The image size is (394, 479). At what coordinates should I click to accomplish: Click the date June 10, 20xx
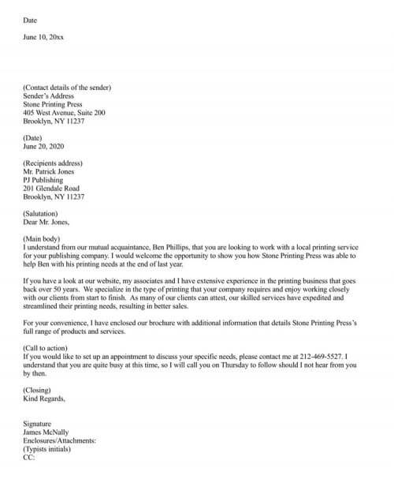click(x=40, y=36)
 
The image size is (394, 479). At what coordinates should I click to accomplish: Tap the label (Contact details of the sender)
click(x=67, y=87)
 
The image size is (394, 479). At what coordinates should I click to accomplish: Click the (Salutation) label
click(x=44, y=212)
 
